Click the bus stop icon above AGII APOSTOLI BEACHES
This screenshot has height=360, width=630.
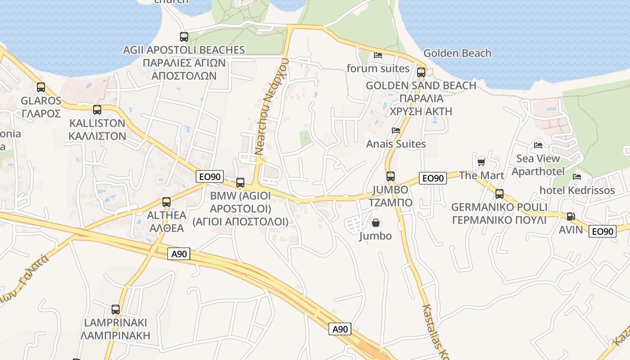pos(184,37)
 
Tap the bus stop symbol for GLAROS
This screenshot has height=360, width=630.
pos(41,87)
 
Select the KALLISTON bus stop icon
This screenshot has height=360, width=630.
pos(97,110)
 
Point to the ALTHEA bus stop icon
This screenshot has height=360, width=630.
pos(166,202)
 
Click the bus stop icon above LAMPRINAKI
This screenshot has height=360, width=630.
pos(116,310)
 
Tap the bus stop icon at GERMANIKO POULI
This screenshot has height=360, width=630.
pos(499,194)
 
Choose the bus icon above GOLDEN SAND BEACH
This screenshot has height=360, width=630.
pos(421,72)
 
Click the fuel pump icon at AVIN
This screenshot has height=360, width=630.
pos(571,216)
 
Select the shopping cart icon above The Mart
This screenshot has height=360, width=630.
pos(481,162)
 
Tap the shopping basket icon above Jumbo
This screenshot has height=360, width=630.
pos(375,223)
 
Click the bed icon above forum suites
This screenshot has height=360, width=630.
pos(378,55)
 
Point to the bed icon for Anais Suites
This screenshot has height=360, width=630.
pos(396,130)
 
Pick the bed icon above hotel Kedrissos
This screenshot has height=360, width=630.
pos(577,177)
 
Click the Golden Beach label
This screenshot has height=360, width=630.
pos(457,53)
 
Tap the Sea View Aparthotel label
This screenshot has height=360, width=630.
pos(538,165)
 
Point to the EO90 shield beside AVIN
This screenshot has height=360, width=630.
pos(603,231)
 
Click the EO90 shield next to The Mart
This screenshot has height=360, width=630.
pos(433,178)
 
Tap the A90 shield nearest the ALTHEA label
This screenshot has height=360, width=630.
pos(179,254)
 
